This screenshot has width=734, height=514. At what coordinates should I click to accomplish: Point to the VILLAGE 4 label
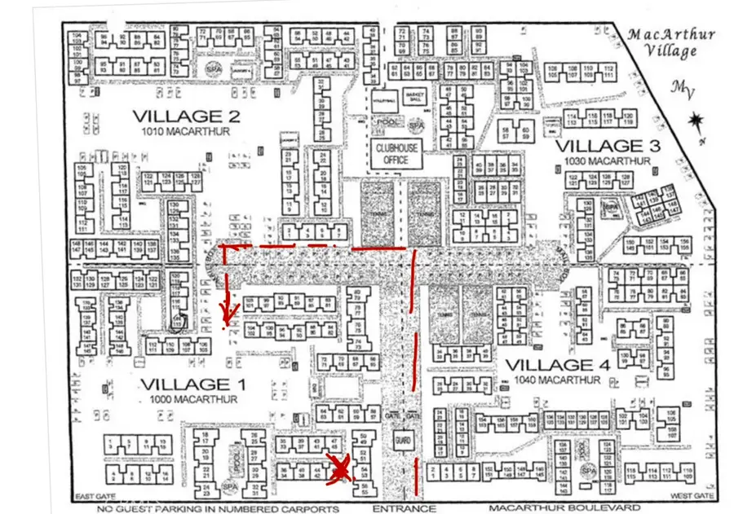[x=558, y=365]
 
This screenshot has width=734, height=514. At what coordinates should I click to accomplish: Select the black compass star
[x=696, y=125]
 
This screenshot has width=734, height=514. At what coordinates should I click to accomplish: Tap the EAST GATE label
[x=91, y=496]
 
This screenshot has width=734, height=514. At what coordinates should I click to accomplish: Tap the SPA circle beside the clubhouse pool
[x=417, y=125]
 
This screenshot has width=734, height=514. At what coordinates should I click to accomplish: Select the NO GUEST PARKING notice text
[x=218, y=509]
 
